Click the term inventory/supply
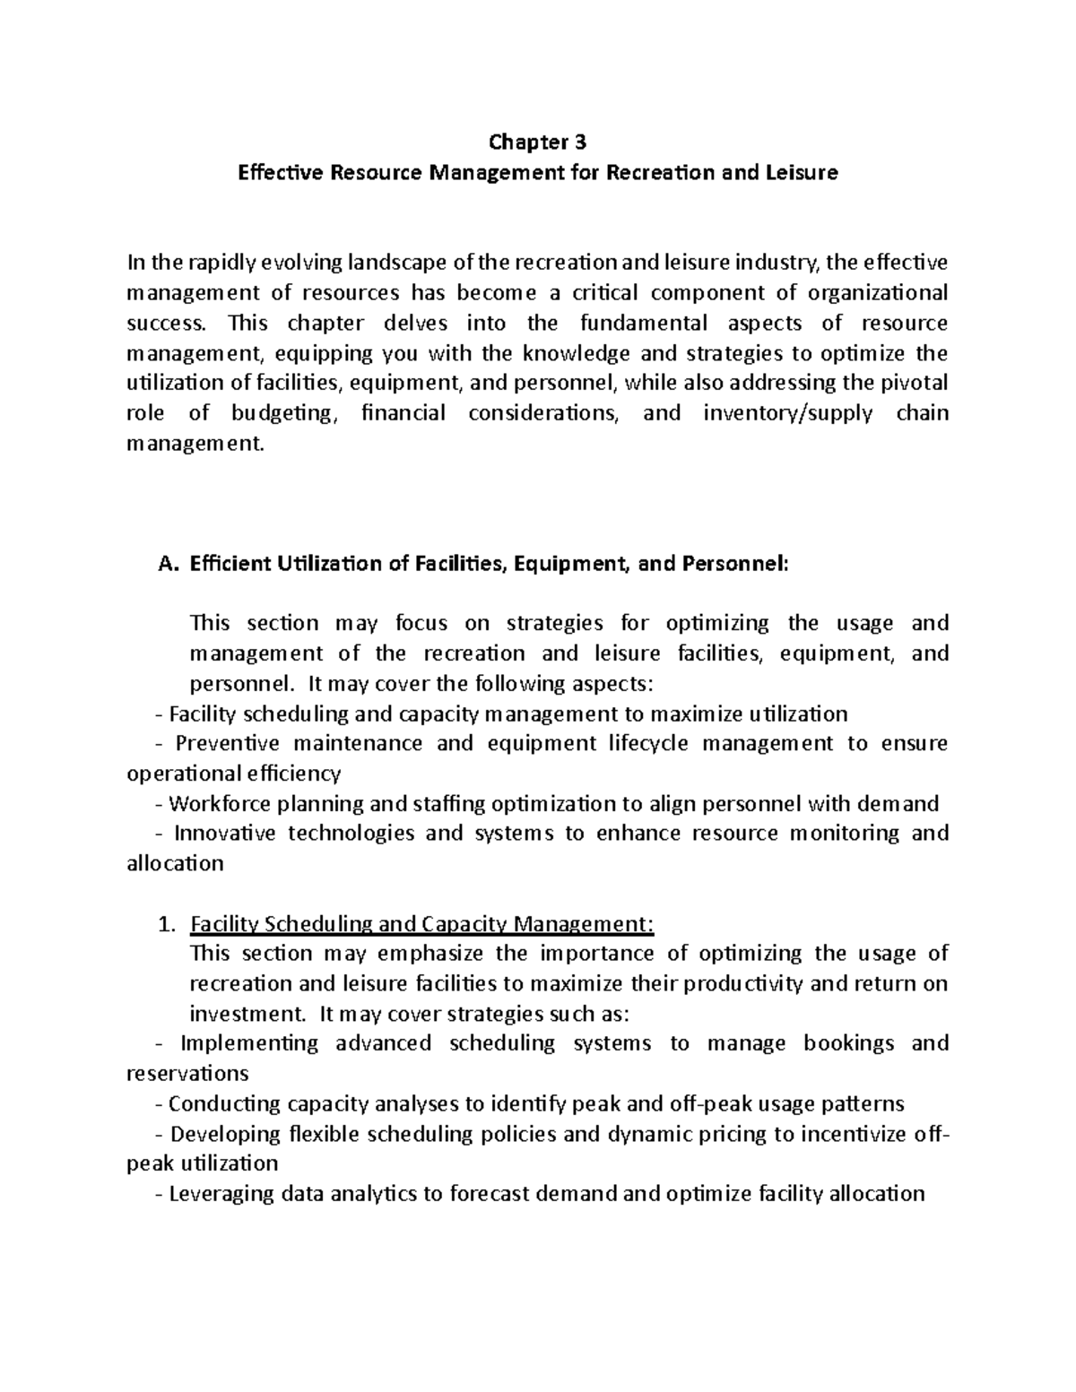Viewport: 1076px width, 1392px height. coord(787,413)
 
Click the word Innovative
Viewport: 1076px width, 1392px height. coord(224,833)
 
